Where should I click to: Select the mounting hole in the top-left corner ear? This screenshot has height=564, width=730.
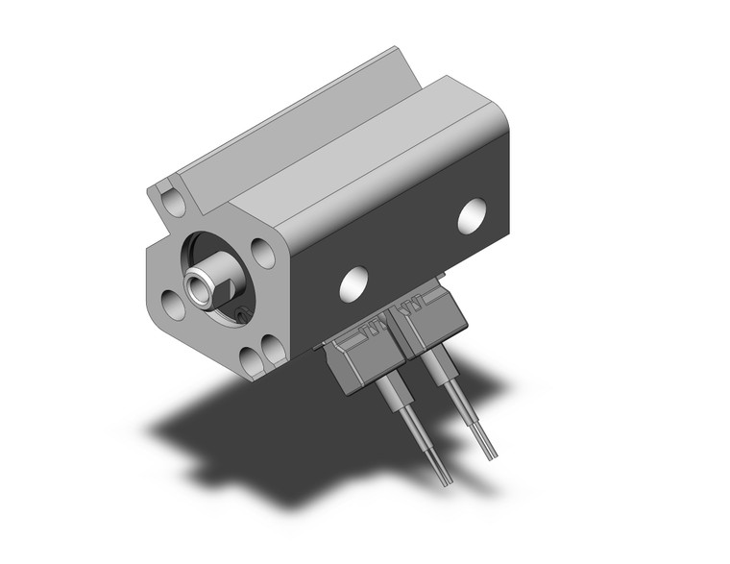click(173, 203)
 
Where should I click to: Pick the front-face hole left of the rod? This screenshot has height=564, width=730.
click(173, 305)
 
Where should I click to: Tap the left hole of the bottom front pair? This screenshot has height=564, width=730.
click(251, 361)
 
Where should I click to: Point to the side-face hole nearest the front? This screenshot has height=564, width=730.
click(354, 281)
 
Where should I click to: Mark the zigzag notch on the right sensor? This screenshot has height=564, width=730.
click(415, 307)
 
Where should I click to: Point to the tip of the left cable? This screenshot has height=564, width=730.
click(445, 479)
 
